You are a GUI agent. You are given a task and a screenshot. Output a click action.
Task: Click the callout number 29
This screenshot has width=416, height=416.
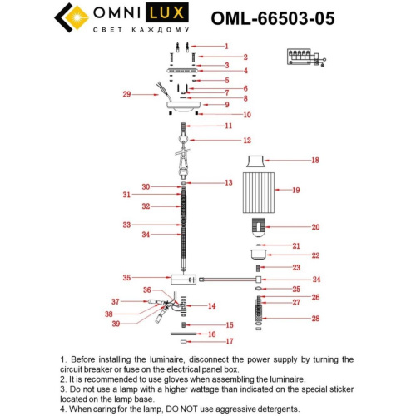[x=127, y=95]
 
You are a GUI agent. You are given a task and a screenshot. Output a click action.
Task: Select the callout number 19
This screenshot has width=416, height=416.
[x=317, y=191]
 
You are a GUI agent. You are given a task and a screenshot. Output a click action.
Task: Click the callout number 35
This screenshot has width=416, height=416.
[x=126, y=278]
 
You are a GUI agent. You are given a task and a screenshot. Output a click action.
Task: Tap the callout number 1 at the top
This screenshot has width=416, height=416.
[x=225, y=47]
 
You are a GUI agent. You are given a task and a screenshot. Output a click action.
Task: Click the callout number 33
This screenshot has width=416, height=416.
[x=126, y=225]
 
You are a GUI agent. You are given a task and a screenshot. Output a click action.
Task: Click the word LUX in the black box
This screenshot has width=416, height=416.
[x=161, y=14]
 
